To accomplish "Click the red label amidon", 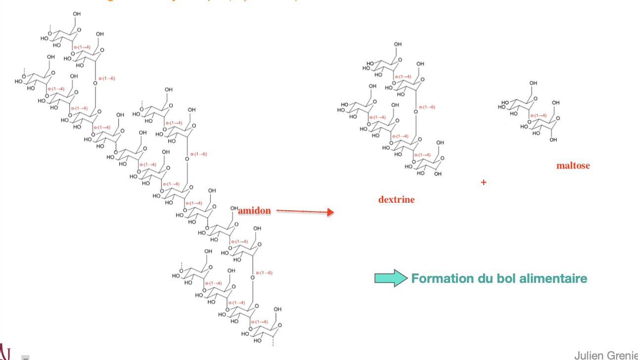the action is point(254,211).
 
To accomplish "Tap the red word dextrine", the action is point(396,200).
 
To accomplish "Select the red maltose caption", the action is point(573,166).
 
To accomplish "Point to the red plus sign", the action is point(483,182).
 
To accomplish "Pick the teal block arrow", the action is point(391,278).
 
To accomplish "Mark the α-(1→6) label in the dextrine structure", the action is point(427,107).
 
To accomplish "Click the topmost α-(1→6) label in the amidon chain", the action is point(106,78).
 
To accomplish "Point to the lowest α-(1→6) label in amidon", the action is point(264,273).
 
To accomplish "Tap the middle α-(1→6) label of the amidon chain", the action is point(198,154).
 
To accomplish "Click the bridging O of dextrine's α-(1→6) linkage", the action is point(415,111).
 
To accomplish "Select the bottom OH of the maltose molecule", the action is point(553,140).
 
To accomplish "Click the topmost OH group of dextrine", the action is point(398,45).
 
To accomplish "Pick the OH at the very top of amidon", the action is point(77,14).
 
